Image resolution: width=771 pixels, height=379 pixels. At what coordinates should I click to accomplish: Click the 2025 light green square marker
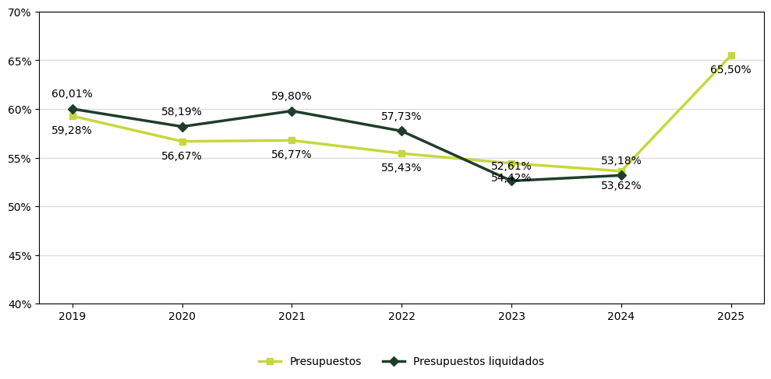click(731, 56)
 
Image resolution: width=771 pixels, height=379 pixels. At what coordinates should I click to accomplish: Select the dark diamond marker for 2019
click(73, 110)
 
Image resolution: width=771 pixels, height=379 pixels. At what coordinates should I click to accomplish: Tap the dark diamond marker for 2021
click(292, 111)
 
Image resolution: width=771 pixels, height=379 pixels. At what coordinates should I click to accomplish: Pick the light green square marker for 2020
click(182, 142)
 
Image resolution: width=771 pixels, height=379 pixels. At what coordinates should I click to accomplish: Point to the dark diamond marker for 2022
click(401, 132)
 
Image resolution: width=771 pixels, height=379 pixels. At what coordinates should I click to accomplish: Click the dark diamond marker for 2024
click(621, 175)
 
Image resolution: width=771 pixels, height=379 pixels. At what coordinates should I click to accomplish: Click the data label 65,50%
click(730, 70)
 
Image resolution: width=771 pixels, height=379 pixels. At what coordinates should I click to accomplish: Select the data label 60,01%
click(72, 94)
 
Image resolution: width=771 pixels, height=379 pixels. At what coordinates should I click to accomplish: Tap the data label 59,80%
click(292, 97)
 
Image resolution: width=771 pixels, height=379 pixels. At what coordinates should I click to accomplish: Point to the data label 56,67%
click(182, 156)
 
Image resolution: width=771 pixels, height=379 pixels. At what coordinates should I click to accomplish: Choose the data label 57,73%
click(401, 117)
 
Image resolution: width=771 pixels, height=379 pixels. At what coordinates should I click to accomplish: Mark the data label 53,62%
click(621, 186)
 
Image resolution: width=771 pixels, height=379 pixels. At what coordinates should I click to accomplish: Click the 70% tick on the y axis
click(19, 12)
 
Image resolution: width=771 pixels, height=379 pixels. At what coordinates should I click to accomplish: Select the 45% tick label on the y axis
click(19, 255)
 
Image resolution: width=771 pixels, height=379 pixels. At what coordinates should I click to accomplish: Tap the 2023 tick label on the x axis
click(511, 317)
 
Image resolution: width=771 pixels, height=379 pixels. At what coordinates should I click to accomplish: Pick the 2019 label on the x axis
click(73, 317)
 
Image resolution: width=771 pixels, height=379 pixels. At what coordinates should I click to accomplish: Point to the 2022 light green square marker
click(401, 153)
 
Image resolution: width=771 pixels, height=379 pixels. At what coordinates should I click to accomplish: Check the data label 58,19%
click(182, 112)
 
